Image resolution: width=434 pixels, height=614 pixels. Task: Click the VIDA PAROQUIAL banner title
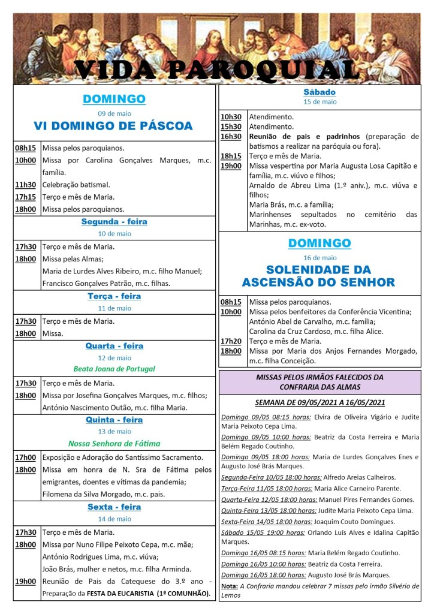[x=217, y=70]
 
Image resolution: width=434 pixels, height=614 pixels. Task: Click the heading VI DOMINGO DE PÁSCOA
[x=113, y=126]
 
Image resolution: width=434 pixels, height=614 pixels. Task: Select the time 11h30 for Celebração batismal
[x=26, y=185]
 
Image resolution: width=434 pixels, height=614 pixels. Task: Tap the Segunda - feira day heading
[x=114, y=222]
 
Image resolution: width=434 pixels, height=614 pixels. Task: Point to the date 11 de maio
[x=114, y=308]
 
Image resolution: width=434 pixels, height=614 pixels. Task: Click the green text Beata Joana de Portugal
[x=114, y=369]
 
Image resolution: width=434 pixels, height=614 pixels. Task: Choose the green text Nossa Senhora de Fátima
[x=114, y=444]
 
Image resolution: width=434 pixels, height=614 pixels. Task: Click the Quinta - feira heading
[x=114, y=420]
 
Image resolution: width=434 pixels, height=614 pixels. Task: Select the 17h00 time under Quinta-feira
[x=26, y=458]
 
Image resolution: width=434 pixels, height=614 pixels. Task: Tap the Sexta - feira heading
[x=114, y=507]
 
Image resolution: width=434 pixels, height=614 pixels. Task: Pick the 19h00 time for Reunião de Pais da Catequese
[x=26, y=582]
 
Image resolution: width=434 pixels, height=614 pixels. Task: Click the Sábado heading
[x=320, y=92]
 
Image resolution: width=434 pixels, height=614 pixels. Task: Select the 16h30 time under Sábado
[x=231, y=137]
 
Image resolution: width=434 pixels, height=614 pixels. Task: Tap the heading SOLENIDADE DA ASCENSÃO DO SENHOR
[x=318, y=276]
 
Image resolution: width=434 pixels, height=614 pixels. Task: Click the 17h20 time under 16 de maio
[x=231, y=341]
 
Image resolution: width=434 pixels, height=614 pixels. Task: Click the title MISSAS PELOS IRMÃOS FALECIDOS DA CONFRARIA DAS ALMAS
[x=320, y=381]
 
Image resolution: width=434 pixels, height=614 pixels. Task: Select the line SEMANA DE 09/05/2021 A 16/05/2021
[x=320, y=402]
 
